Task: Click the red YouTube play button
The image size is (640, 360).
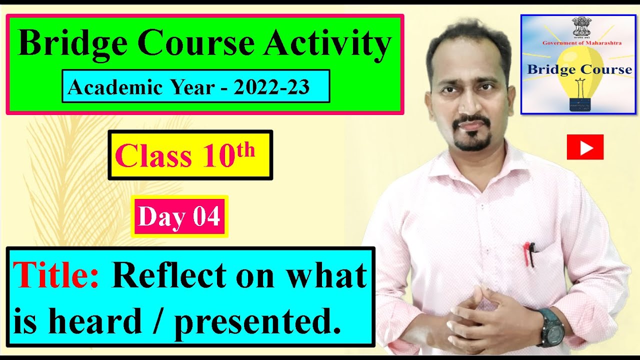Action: (585, 147)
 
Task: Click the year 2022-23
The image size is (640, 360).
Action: (271, 87)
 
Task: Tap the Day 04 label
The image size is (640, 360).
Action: (179, 216)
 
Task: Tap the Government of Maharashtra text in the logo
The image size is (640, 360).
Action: (582, 43)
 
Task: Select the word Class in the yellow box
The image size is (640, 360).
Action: (153, 156)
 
